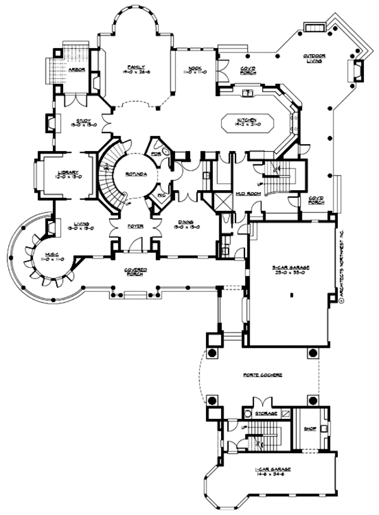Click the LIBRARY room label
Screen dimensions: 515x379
click(68, 173)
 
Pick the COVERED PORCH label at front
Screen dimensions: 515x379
click(136, 271)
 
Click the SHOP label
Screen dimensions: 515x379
click(309, 427)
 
